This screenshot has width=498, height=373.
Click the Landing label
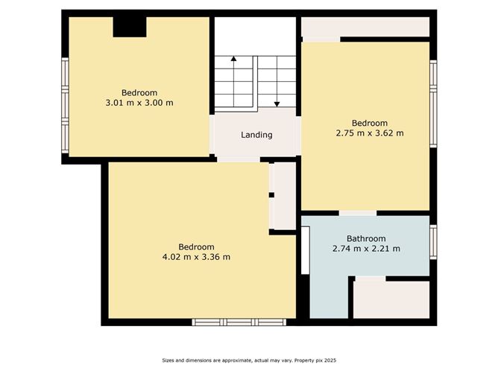(x=256, y=135)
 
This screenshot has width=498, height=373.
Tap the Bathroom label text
(x=365, y=238)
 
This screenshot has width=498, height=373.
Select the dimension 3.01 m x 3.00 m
(x=139, y=103)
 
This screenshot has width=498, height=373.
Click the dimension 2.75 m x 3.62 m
(x=370, y=133)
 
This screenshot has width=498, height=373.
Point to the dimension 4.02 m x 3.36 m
(x=196, y=257)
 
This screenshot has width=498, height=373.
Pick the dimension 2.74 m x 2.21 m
(x=365, y=249)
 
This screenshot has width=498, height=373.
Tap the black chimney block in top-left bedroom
(x=130, y=27)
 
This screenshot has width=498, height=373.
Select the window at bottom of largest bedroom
(x=238, y=322)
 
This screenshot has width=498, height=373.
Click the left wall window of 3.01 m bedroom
(x=65, y=106)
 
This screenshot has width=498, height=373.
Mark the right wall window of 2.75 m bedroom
(x=433, y=104)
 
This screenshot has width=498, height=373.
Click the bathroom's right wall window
(x=433, y=241)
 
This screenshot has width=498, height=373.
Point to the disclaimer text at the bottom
(x=248, y=360)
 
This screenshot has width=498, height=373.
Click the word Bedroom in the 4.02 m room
(x=196, y=247)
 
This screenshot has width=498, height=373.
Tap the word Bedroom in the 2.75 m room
(x=370, y=123)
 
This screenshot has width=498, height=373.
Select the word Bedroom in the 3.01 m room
(x=139, y=92)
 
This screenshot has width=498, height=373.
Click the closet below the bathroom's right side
(x=391, y=300)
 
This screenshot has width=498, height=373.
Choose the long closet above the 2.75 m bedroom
(x=365, y=27)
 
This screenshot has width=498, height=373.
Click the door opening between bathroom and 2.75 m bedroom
(x=358, y=214)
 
